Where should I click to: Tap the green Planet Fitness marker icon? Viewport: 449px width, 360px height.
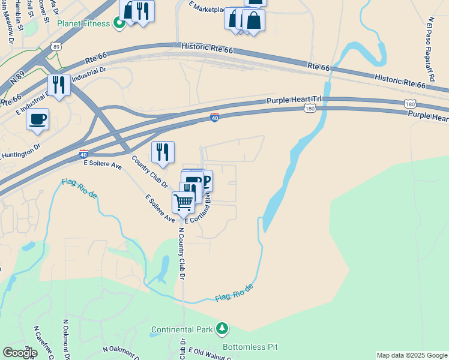coord(119,23)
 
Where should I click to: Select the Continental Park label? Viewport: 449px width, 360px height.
coord(182,329)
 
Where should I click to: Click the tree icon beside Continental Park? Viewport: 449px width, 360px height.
coord(223,328)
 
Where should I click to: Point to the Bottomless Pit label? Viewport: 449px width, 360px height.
coord(250,347)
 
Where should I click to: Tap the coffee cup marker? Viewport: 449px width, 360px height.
coord(38,119)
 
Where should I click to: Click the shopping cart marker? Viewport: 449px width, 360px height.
coord(184,202)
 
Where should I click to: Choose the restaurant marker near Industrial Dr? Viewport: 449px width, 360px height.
coord(59,85)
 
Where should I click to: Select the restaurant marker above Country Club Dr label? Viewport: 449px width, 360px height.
coord(163,152)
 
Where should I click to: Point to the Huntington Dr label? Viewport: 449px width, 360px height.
coord(20,150)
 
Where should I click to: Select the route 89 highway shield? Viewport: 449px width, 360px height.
coord(56,46)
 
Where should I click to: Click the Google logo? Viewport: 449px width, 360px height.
coord(20,353)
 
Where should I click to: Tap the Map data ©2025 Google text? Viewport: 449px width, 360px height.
coord(412,355)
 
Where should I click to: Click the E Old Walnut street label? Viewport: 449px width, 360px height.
coord(207,353)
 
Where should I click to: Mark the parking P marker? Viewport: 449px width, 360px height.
coord(206,179)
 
